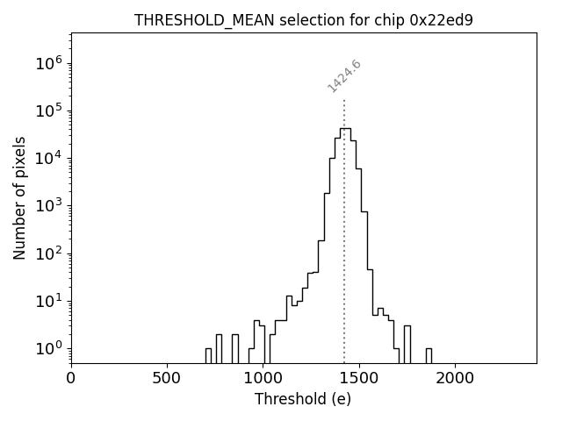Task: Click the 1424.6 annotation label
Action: pos(344,76)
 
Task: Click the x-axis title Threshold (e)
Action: pos(303,400)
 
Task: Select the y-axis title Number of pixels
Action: pos(19,197)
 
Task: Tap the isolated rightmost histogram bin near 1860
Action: pos(429,355)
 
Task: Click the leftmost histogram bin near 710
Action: pos(208,355)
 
